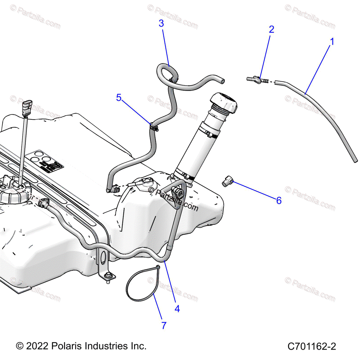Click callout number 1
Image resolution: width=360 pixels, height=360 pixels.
(332, 41)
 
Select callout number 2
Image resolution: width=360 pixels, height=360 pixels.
(271, 29)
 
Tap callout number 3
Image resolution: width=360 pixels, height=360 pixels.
(161, 23)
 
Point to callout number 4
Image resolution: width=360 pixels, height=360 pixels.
(177, 308)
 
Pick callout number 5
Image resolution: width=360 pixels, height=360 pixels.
(119, 97)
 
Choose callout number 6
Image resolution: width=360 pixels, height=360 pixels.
(279, 201)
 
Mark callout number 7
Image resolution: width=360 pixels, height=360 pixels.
(164, 325)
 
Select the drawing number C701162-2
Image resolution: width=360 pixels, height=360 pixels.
(311, 346)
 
